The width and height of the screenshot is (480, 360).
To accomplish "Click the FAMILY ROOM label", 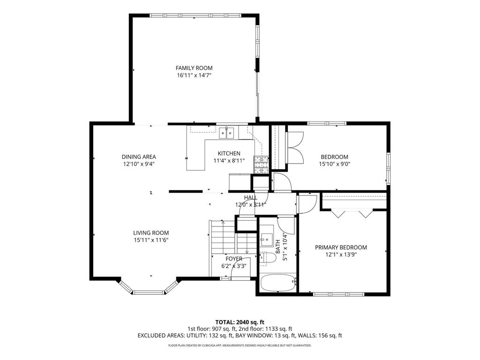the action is [194, 68].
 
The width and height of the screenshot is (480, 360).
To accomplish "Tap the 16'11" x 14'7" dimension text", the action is [194, 75].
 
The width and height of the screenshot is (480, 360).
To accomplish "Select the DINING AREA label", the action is [139, 157].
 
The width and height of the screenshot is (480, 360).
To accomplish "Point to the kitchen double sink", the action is [227, 133].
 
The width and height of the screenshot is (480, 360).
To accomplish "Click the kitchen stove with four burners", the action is [261, 165].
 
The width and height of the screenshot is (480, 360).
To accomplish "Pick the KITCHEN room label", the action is [229, 153].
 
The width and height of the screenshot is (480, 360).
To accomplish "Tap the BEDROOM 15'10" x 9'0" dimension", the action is [335, 164].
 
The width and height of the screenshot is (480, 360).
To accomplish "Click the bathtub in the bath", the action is [278, 283].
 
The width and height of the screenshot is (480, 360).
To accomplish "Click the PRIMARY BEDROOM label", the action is [341, 247].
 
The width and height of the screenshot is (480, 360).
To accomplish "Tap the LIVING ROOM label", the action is [151, 233].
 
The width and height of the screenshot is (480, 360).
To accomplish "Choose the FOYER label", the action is [234, 259].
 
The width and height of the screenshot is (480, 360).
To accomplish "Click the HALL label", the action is [250, 197].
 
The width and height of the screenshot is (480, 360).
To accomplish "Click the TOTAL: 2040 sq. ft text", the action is [240, 322].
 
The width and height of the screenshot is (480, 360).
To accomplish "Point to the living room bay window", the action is [148, 288].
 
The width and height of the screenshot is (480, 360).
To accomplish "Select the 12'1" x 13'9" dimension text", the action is [341, 255].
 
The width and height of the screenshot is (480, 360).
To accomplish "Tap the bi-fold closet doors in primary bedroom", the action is [352, 213].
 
